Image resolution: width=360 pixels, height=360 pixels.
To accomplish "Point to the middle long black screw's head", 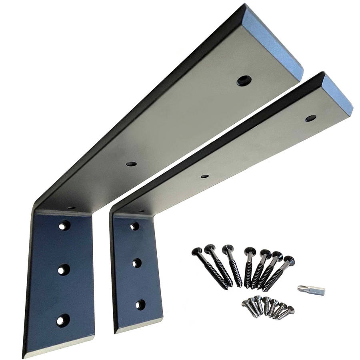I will point(250,251).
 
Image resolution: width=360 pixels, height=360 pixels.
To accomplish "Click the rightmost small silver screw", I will point(290,309).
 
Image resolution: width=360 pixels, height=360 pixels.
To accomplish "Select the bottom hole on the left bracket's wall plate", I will point(60,320).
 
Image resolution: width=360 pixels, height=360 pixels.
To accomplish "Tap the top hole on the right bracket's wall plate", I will point(134,227).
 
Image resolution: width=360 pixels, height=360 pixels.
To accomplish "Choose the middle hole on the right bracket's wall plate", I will point(137,263).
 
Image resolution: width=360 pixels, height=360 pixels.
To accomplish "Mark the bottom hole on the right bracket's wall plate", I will point(140,305).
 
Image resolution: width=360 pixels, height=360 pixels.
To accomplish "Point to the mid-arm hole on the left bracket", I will point(130,164).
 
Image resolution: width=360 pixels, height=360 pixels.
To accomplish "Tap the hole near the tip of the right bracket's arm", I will point(311,118).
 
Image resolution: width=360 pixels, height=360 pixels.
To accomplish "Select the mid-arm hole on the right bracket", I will point(204,176).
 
